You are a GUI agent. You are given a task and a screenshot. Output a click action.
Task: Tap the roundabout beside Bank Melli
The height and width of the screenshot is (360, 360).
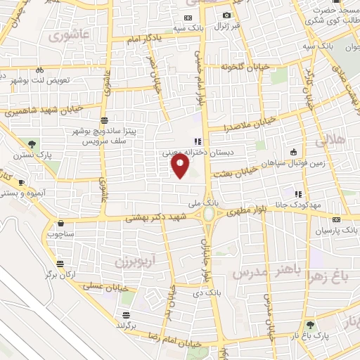209,214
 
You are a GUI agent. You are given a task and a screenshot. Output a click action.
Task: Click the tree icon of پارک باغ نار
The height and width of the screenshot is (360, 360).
310,325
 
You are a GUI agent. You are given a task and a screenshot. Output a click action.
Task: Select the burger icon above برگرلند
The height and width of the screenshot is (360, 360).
125,314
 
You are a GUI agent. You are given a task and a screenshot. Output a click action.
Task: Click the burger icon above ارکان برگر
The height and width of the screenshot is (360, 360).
61,263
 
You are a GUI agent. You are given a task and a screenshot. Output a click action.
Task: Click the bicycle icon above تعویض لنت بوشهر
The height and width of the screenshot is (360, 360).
39,70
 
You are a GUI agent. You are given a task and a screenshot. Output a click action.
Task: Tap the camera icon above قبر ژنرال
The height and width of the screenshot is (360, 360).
226,15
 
